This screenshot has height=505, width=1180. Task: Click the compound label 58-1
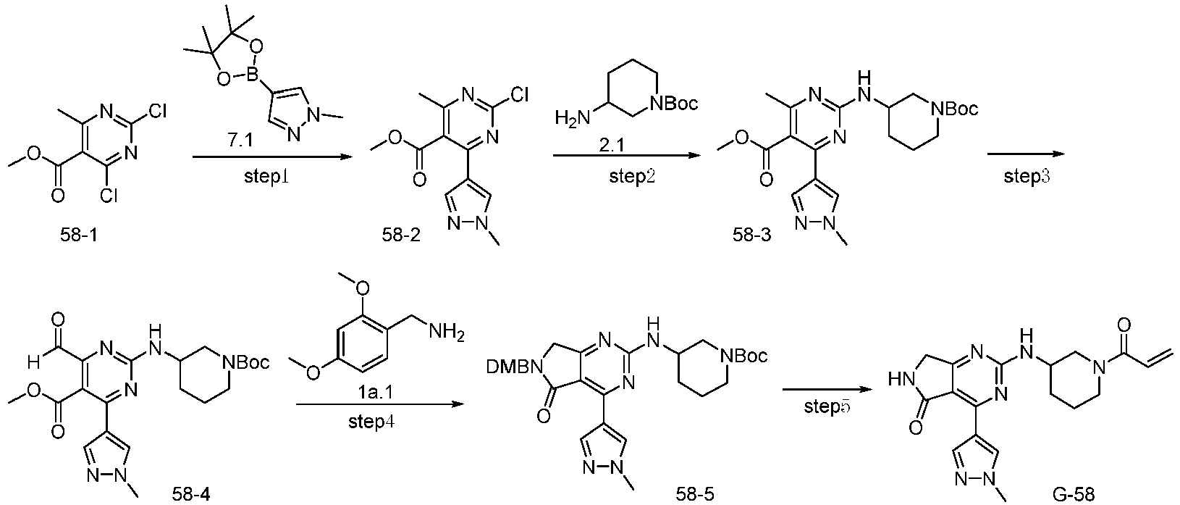click(78, 235)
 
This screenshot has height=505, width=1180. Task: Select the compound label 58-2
click(401, 235)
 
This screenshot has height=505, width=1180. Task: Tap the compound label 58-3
click(751, 235)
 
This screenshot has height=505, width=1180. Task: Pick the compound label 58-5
click(696, 494)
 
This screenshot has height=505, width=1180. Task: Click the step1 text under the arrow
click(266, 177)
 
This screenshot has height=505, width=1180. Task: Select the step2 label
click(632, 177)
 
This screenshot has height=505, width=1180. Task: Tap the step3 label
click(1027, 177)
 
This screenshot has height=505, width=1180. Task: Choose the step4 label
click(371, 422)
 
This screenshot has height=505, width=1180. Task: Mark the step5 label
click(827, 406)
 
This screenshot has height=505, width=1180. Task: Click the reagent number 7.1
click(240, 142)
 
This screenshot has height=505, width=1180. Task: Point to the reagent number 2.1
click(612, 143)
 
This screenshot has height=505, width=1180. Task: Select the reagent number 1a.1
click(376, 392)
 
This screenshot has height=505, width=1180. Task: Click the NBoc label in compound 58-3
click(953, 109)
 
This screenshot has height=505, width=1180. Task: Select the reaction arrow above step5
click(826, 390)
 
